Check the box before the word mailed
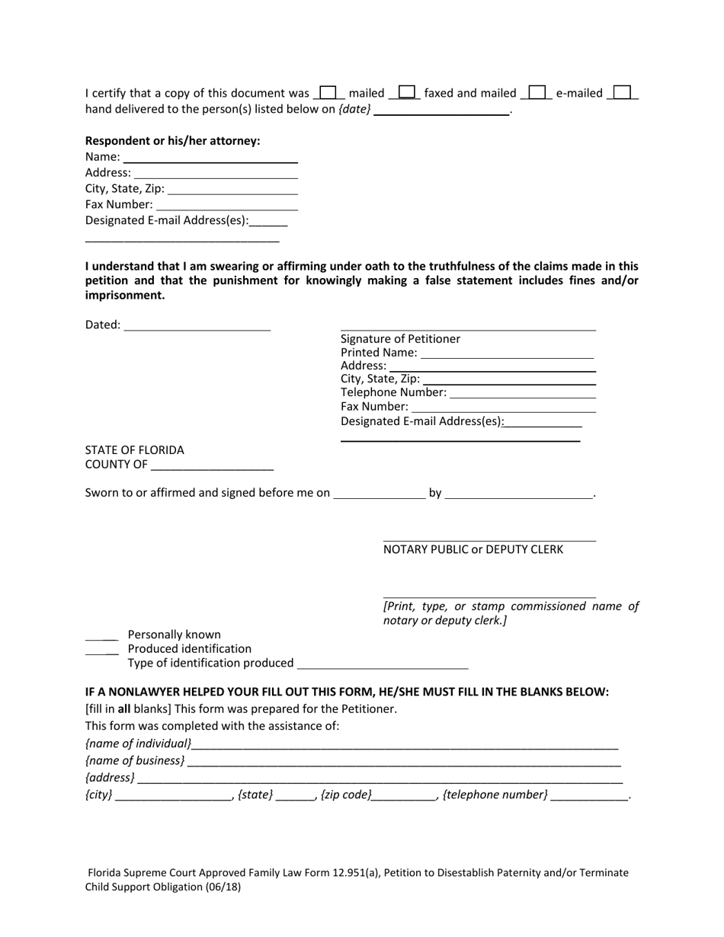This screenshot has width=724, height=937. [x=328, y=93]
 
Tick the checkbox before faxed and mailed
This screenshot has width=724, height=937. [x=407, y=93]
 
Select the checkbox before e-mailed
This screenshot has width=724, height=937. [x=537, y=93]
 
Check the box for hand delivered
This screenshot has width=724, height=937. [x=623, y=93]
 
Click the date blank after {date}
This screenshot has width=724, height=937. [x=442, y=110]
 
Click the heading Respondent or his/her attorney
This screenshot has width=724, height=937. [x=172, y=141]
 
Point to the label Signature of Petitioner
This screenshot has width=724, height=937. [x=400, y=339]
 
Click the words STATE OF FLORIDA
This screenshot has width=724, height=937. [x=134, y=450]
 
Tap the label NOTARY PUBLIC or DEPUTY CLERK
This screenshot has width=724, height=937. [x=473, y=549]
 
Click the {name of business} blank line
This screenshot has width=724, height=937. [x=404, y=762]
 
